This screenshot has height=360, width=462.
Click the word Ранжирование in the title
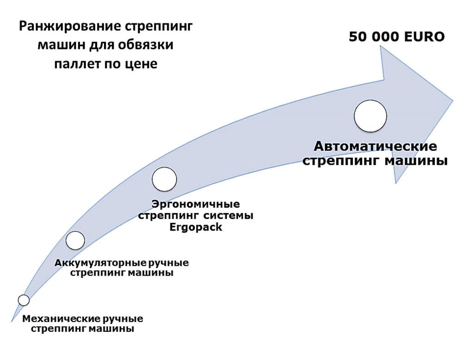[70, 27]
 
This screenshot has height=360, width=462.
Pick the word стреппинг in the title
[158, 27]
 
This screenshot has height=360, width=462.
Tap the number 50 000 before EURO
[374, 37]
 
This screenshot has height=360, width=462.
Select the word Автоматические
[375, 146]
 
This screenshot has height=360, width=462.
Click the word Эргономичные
[195, 204]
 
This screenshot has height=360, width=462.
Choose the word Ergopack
[195, 227]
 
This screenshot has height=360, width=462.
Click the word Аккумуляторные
[100, 263]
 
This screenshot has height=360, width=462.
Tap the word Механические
[61, 319]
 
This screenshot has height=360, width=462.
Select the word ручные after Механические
[123, 319]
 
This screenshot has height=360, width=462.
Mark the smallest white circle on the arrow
[24, 300]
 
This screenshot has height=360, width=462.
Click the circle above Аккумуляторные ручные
[75, 240]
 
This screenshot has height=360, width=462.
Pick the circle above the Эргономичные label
[164, 179]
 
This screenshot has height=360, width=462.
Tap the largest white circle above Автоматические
[371, 116]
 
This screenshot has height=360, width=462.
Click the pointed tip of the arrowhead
[453, 101]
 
